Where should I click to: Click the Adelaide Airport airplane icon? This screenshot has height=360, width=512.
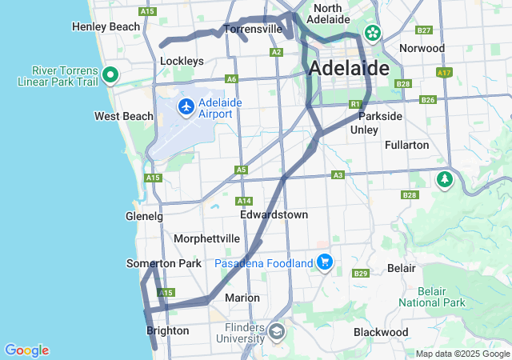point(186,106)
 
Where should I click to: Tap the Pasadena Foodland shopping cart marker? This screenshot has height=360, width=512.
point(324,262)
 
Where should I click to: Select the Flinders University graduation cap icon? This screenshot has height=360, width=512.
point(276,331)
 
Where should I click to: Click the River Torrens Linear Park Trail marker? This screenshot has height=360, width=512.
point(111,75)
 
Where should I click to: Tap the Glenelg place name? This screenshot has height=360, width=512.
point(144,216)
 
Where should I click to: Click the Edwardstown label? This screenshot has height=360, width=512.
point(274,215)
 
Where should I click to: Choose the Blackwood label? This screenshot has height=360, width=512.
point(381,332)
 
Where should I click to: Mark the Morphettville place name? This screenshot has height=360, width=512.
point(207,238)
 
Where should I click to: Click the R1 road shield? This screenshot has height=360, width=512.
point(355,104)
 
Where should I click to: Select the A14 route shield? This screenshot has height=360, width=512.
point(244,200)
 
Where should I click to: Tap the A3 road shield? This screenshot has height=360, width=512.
point(338,174)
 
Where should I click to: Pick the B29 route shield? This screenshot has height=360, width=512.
point(360,274)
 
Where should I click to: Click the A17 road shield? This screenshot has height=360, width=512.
point(443,73)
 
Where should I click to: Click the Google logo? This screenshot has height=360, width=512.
point(26,350)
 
